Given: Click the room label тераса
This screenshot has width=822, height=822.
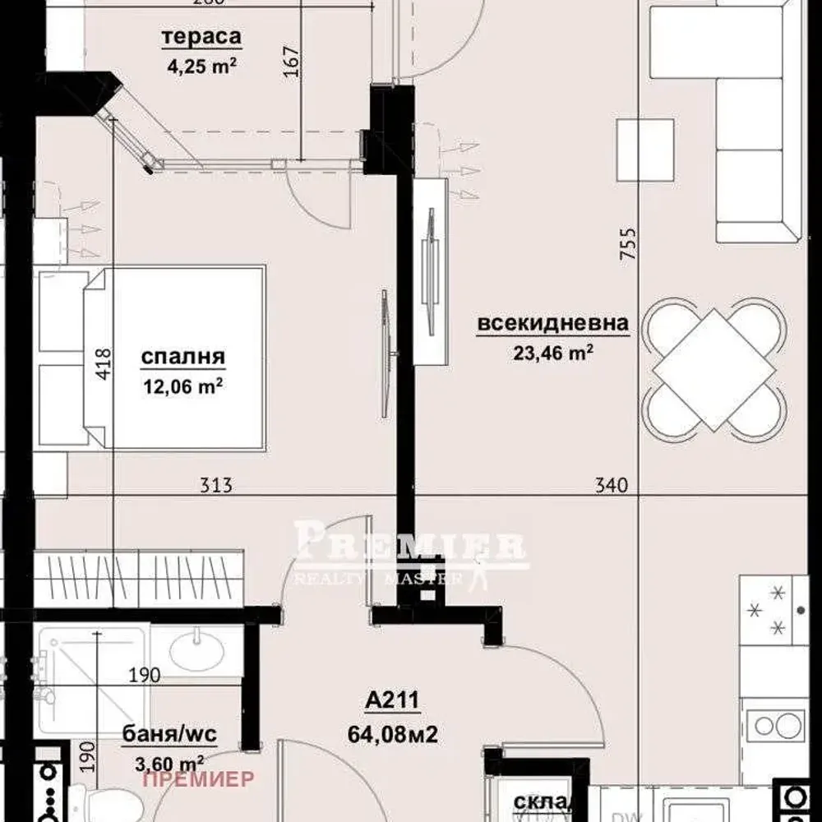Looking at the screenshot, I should tap(201, 37).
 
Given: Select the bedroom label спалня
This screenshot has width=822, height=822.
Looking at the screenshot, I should tap(183, 357).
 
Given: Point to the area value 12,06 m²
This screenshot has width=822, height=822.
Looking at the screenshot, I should tap(183, 386).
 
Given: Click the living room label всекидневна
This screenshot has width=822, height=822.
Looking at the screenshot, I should tap(553, 323).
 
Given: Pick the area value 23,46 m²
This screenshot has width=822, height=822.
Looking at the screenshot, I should tap(553, 353).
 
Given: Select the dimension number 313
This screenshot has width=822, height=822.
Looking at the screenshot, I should tap(216, 486).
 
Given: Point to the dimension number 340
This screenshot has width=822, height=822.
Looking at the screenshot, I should tap(611, 486).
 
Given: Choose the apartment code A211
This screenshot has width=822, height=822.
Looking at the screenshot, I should tap(393, 700).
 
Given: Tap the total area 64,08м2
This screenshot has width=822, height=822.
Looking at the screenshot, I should tap(393, 732).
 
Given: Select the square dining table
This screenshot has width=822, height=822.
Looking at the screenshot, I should tap(713, 369).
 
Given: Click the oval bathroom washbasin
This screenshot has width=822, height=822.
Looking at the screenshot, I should tap(197, 653).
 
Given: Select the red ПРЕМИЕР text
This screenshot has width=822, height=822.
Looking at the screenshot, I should tap(198, 778).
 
